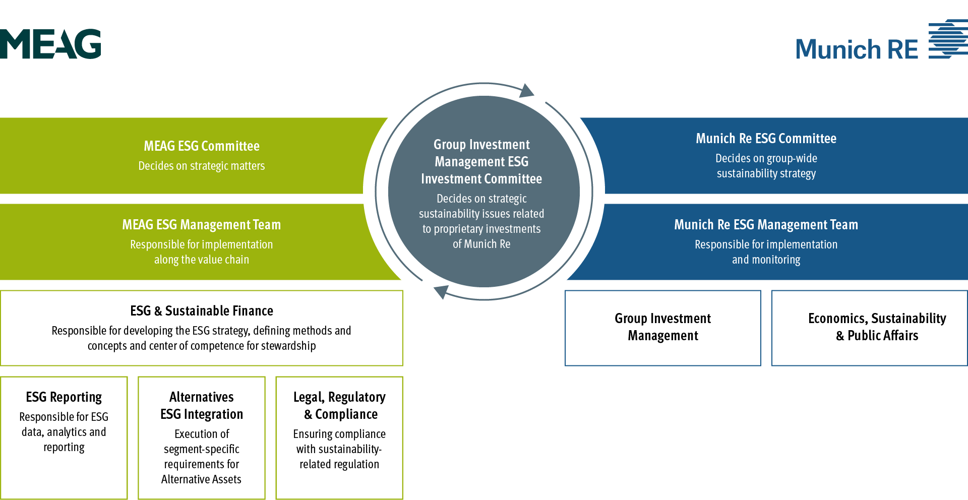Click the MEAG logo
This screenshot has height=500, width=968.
(50, 44)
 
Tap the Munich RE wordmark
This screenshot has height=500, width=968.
(857, 49)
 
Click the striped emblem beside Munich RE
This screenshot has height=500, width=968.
(948, 39)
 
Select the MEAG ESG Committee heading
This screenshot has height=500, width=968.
(202, 146)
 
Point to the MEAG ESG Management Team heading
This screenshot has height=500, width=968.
(202, 225)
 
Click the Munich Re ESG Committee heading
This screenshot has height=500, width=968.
(766, 139)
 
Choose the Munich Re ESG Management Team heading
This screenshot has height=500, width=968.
(766, 225)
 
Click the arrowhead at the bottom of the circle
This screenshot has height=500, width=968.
(442, 291)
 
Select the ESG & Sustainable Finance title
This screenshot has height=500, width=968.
(202, 311)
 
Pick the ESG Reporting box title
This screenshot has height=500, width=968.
(64, 397)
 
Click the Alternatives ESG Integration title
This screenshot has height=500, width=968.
(202, 406)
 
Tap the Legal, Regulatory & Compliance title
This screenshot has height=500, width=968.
(339, 406)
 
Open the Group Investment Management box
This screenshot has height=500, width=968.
(662, 328)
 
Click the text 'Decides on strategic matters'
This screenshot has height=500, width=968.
(202, 166)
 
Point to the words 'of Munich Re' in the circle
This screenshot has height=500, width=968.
(481, 244)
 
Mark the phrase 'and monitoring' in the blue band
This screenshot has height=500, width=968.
(766, 260)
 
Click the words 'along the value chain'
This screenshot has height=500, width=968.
(202, 260)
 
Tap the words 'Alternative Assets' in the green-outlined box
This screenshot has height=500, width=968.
(201, 479)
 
